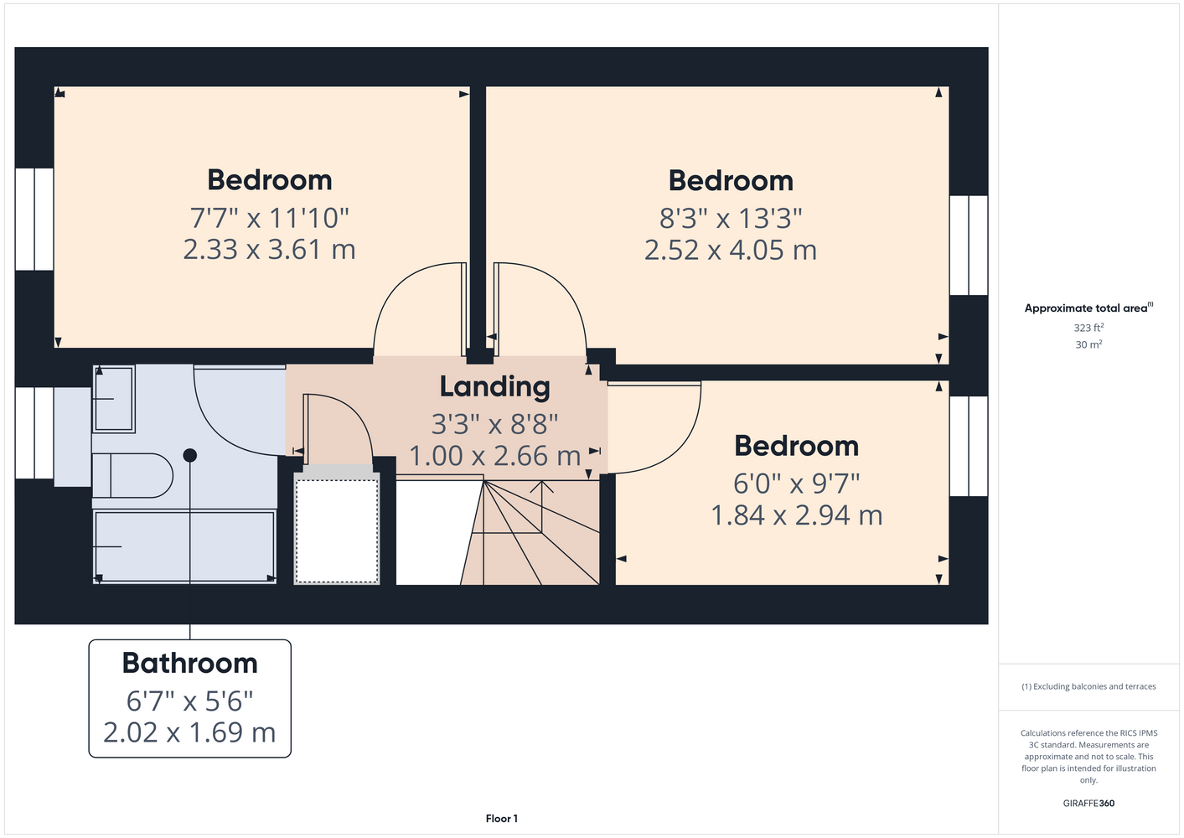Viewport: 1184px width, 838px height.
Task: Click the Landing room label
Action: pos(494,387)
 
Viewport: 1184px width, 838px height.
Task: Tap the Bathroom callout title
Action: pos(189,663)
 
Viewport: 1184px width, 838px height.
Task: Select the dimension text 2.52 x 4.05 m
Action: pos(731,250)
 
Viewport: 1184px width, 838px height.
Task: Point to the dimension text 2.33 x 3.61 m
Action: pos(270,250)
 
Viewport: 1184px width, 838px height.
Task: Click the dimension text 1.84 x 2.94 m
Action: pos(797,515)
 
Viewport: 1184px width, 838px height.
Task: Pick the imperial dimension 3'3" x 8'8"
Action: pos(494,424)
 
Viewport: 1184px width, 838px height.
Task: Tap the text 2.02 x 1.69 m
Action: pos(189,732)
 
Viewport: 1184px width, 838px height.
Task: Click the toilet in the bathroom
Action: pos(132,476)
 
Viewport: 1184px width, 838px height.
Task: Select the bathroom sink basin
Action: pos(114,399)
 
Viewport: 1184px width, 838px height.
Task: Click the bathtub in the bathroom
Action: pos(184,546)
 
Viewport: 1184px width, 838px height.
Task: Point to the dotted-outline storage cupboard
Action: pos(337,530)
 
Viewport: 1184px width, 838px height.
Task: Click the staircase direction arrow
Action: pos(542,506)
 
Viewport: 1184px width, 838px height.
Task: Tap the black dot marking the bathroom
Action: pos(189,455)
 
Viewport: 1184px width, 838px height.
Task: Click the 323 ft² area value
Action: pos(1088,328)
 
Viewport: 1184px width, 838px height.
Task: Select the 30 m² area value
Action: pos(1088,344)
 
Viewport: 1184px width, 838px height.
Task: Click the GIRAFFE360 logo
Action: pos(1088,803)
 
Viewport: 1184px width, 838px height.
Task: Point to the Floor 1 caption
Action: pos(502,819)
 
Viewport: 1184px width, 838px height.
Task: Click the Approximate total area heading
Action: pos(1088,308)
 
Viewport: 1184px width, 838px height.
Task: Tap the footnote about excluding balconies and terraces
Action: pos(1088,687)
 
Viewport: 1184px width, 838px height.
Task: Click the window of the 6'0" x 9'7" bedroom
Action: pos(969,446)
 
